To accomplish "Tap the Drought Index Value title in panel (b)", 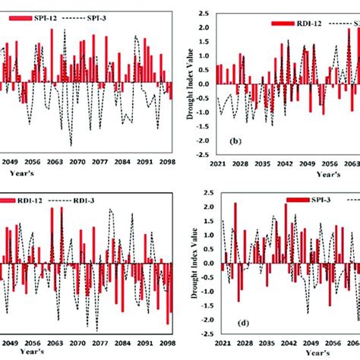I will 185,84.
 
